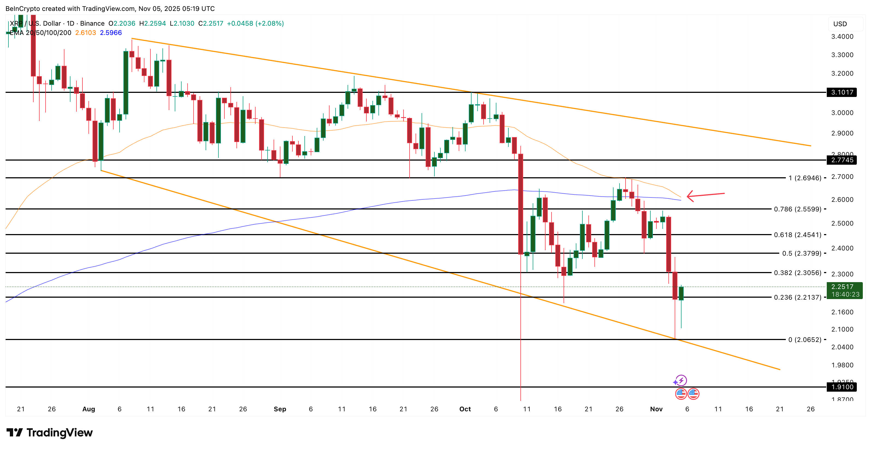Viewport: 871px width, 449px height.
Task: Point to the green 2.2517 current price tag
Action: coord(844,290)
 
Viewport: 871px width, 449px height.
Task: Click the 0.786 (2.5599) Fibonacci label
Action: coord(797,209)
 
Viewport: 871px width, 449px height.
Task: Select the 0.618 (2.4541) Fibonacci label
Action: coord(797,235)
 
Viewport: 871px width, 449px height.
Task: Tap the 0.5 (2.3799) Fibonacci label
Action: coord(801,253)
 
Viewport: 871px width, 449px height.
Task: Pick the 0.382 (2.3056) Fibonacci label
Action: coord(797,273)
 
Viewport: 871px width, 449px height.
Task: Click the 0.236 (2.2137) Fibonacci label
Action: coord(797,297)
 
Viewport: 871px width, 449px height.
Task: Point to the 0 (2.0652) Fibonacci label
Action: coord(804,340)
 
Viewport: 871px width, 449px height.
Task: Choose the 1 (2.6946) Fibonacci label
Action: coord(804,178)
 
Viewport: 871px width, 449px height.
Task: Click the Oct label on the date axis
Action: coord(465,409)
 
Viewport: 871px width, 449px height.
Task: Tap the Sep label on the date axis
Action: coord(280,409)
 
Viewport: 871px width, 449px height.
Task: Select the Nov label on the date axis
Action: coord(656,409)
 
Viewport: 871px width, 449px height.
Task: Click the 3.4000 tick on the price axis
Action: coord(842,37)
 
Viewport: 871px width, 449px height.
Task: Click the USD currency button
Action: coord(840,24)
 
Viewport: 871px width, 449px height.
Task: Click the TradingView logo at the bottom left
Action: coord(49,433)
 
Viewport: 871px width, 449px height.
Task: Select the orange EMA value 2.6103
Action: coord(85,33)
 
